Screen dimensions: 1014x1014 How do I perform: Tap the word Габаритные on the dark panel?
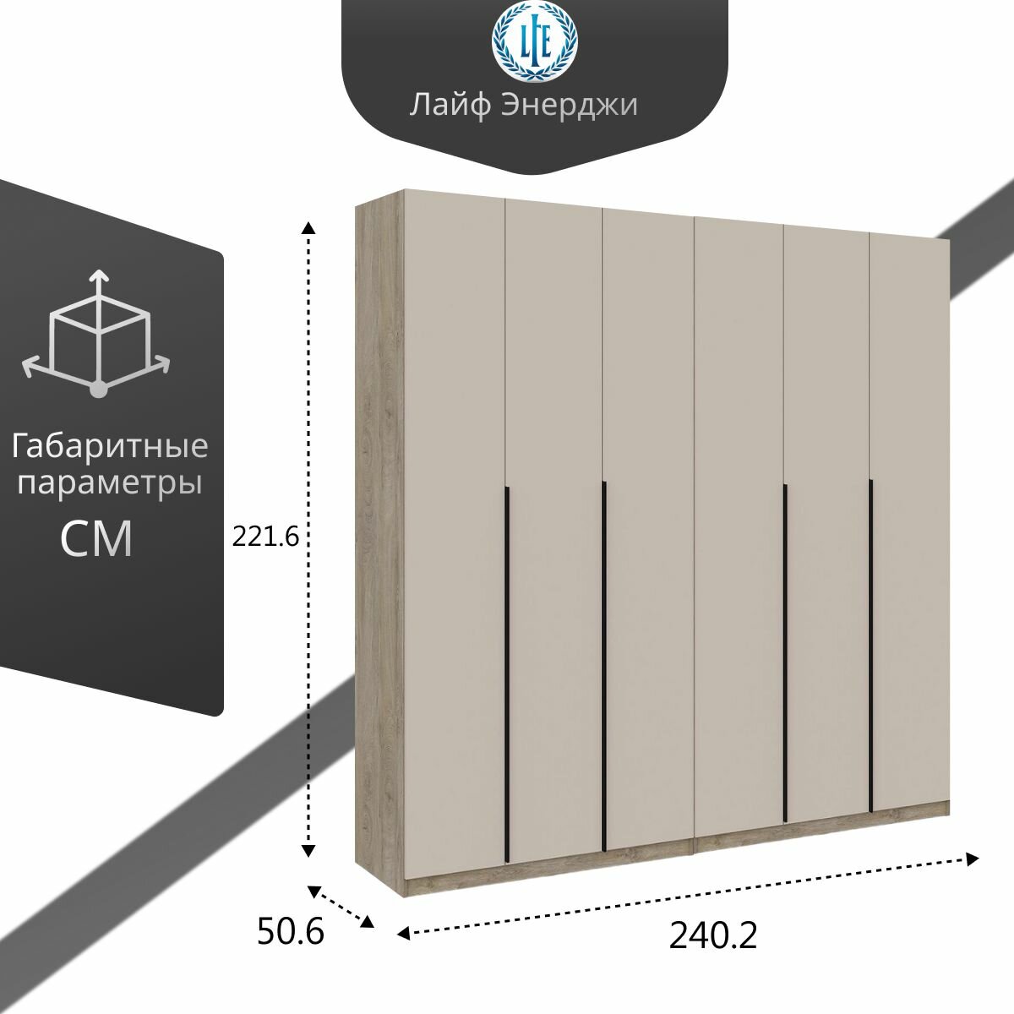[x=110, y=445]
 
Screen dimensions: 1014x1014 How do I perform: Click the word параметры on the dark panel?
[x=110, y=484]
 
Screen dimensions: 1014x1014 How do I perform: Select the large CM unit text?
[x=96, y=539]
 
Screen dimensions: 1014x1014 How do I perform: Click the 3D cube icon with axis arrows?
[x=96, y=333]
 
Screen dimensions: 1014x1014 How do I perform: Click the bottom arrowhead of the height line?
[x=309, y=849]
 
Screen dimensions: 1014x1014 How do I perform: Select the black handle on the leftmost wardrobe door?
[x=505, y=673]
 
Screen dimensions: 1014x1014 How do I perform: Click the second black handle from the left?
[x=604, y=665]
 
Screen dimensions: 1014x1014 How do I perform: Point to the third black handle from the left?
[x=786, y=651]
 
